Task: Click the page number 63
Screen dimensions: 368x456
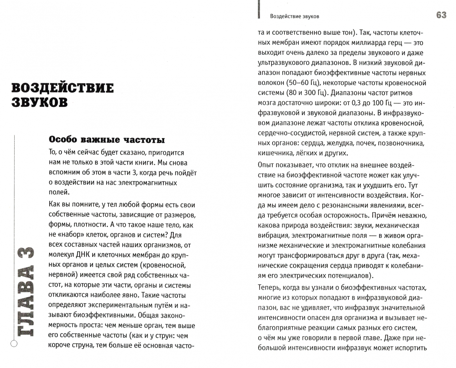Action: [x=441, y=15]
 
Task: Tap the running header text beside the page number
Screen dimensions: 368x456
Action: [x=294, y=16]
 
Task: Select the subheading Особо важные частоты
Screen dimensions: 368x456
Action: [x=107, y=140]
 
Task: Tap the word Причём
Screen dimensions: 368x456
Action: [x=385, y=215]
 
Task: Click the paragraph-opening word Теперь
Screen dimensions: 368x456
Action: [x=268, y=288]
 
